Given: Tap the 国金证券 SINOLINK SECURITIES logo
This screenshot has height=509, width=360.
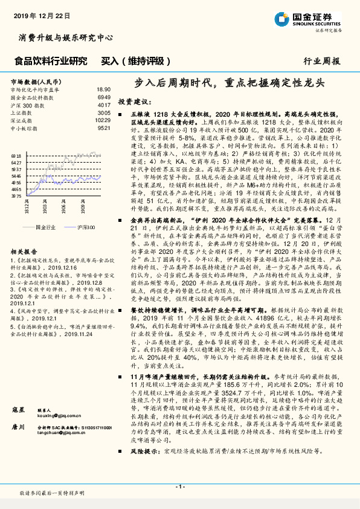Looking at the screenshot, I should (320, 19).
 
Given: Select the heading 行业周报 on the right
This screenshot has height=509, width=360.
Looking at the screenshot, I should (321, 61).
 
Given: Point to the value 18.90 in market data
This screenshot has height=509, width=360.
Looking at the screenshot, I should (103, 89).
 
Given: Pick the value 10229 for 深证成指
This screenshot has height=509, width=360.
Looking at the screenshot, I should (103, 120).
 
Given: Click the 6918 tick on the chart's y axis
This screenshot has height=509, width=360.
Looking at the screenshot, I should (16, 155).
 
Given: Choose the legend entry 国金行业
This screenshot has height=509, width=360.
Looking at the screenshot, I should (46, 227).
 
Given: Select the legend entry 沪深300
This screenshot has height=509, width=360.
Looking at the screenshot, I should (85, 227).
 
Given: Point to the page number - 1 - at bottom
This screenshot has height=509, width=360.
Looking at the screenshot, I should (179, 487).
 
